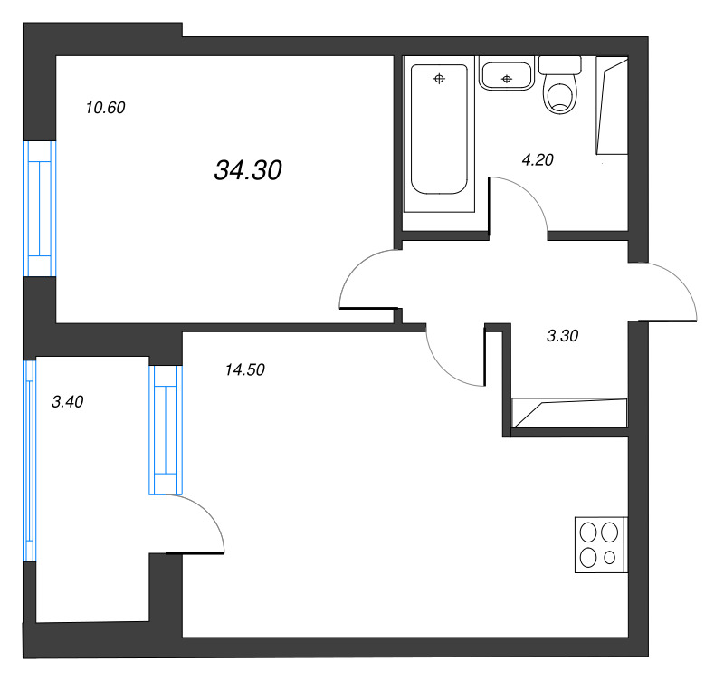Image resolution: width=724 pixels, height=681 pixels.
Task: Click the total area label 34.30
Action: pyautogui.click(x=248, y=170)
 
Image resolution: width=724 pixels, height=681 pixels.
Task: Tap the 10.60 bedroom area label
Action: pyautogui.click(x=105, y=108)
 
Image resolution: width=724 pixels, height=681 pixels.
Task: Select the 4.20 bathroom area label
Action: pyautogui.click(x=538, y=160)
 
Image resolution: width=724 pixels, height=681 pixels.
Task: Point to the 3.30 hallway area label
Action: pyautogui.click(x=562, y=336)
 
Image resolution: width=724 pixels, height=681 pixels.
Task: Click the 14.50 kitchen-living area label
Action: pyautogui.click(x=244, y=369)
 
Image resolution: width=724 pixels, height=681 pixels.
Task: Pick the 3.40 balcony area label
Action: pyautogui.click(x=67, y=402)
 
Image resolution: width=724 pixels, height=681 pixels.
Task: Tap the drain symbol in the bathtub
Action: pyautogui.click(x=439, y=79)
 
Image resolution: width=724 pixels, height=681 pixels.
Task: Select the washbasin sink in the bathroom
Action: pyautogui.click(x=507, y=73)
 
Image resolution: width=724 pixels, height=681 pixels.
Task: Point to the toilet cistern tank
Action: pyautogui.click(x=559, y=65)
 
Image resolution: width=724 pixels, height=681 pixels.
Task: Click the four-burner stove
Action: pyautogui.click(x=601, y=545)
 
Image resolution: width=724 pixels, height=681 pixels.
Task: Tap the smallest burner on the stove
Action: pyautogui.click(x=609, y=558)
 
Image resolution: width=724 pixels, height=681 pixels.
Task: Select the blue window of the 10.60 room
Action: pyautogui.click(x=40, y=208)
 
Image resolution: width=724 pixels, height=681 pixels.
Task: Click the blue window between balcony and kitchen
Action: pyautogui.click(x=166, y=430)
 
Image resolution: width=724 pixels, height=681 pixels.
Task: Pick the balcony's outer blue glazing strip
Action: pyautogui.click(x=30, y=461)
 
